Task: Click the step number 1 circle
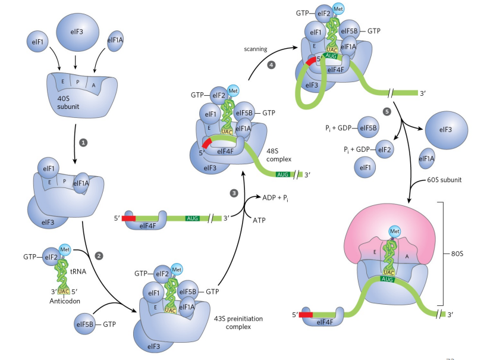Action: click(x=84, y=143)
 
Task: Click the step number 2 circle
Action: click(x=99, y=255)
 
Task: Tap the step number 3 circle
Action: click(x=234, y=193)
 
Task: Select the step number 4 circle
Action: click(x=272, y=64)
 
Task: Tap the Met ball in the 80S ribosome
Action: click(x=394, y=231)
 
